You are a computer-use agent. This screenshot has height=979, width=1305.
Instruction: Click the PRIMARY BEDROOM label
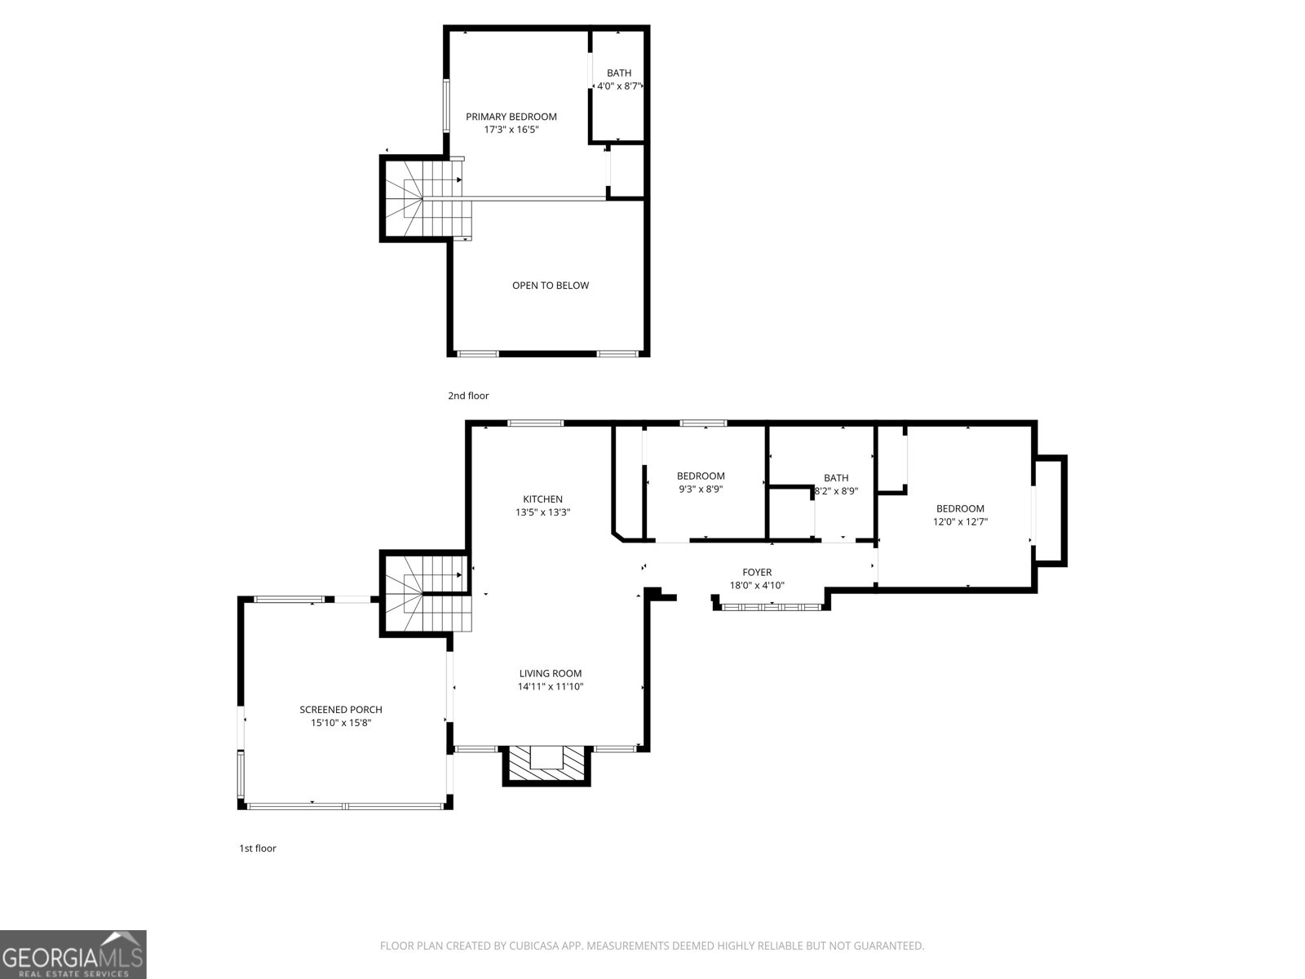(511, 117)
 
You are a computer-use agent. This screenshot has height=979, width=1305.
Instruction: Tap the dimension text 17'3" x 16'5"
(511, 130)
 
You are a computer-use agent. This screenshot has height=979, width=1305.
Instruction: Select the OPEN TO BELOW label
(550, 286)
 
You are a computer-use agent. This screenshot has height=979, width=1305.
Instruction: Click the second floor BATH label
(618, 73)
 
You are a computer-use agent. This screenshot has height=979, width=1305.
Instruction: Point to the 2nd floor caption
(468, 396)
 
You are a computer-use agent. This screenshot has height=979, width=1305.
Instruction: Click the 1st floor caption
(257, 848)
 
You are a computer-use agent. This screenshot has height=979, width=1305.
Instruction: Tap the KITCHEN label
(542, 499)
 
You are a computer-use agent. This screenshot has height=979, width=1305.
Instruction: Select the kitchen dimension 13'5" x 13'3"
(542, 513)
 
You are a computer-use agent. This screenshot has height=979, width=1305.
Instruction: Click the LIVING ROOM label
(551, 673)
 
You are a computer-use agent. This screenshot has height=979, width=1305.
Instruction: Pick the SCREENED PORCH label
(340, 710)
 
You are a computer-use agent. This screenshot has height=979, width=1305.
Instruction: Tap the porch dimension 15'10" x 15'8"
(340, 723)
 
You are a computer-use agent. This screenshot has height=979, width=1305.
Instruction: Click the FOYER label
(757, 572)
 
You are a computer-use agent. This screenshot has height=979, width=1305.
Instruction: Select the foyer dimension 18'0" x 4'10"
(757, 585)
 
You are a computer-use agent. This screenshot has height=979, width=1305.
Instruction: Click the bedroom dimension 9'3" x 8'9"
(701, 489)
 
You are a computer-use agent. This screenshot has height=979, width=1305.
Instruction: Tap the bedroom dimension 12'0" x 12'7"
(960, 522)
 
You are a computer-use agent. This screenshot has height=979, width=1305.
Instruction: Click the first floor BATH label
(836, 478)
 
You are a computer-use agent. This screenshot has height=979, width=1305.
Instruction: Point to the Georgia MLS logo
(73, 954)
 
